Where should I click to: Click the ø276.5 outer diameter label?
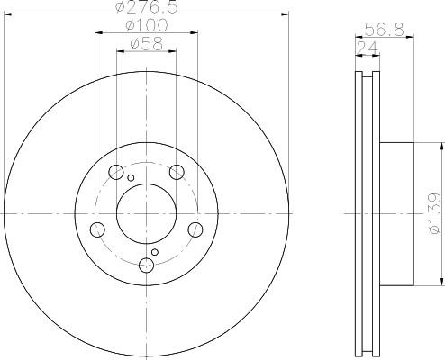pos(147,6)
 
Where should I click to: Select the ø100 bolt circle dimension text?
pos(147,25)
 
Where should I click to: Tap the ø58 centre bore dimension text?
pos(147,44)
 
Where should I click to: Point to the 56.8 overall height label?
pos(385,30)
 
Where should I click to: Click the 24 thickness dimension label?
pos(368,48)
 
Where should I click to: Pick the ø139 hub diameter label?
pos(434,213)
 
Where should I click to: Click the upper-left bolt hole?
pos(116,172)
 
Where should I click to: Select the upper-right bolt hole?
pos(177,172)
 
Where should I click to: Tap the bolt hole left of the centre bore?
pos(97,229)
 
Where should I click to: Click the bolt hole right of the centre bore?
pos(195,229)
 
